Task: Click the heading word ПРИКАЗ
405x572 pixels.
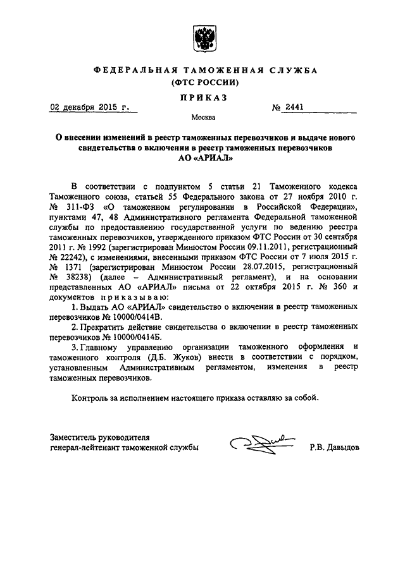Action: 202,97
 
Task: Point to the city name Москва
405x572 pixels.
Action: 202,118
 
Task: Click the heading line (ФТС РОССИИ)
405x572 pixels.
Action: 202,83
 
